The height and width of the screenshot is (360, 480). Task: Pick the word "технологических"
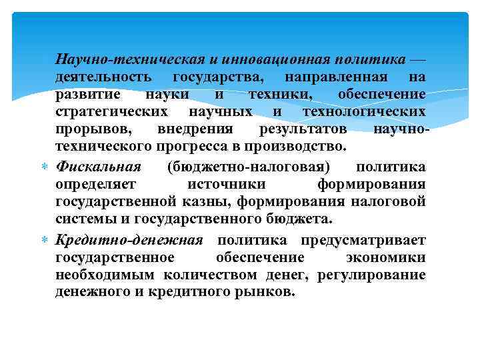coord(364,111)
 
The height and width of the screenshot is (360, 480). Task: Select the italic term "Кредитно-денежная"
coord(130,240)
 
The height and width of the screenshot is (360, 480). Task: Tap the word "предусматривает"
coord(363,240)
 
